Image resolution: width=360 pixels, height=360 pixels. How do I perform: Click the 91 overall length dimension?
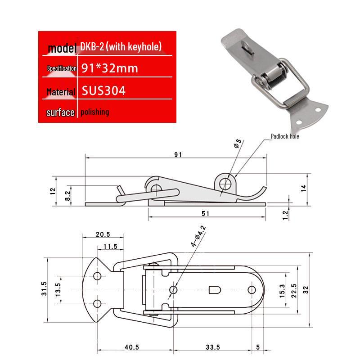[x=178, y=154]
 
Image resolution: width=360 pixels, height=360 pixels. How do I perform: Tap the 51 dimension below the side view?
[x=205, y=213]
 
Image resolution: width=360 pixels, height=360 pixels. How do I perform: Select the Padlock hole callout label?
[x=285, y=136]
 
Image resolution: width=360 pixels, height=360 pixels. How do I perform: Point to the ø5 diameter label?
[x=238, y=143]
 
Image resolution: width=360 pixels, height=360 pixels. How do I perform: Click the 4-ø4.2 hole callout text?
[x=198, y=236]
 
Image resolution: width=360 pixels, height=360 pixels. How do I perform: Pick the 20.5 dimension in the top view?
[x=103, y=234]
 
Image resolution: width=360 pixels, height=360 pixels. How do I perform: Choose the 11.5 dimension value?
[x=110, y=246]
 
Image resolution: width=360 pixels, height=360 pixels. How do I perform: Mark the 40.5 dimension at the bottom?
[x=132, y=347]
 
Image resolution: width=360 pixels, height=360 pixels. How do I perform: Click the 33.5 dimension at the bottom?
[x=213, y=347]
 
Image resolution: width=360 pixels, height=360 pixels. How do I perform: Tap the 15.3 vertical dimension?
[x=282, y=291]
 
